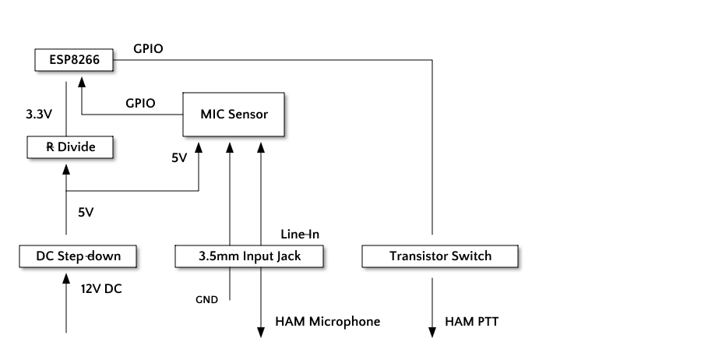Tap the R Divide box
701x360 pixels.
(x=70, y=146)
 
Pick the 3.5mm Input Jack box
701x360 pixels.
(x=249, y=256)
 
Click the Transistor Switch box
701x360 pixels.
(x=439, y=256)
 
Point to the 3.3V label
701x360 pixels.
(x=39, y=113)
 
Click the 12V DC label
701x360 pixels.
(x=102, y=289)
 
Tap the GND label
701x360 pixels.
(x=206, y=298)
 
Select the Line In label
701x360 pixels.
(x=300, y=234)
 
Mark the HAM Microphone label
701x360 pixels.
(x=328, y=321)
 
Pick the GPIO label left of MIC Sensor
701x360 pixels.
(x=140, y=103)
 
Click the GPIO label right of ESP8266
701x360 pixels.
(x=148, y=48)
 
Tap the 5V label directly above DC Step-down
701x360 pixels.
(x=86, y=211)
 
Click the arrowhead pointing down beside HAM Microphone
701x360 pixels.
(x=261, y=332)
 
